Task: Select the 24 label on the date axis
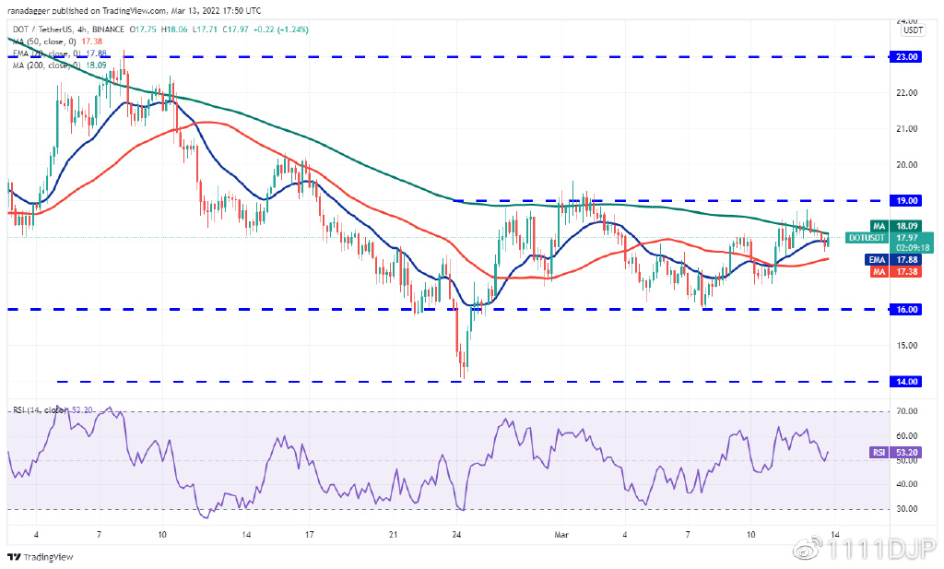(x=457, y=534)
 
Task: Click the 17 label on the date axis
(x=310, y=534)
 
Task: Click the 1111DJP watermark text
(x=885, y=551)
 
